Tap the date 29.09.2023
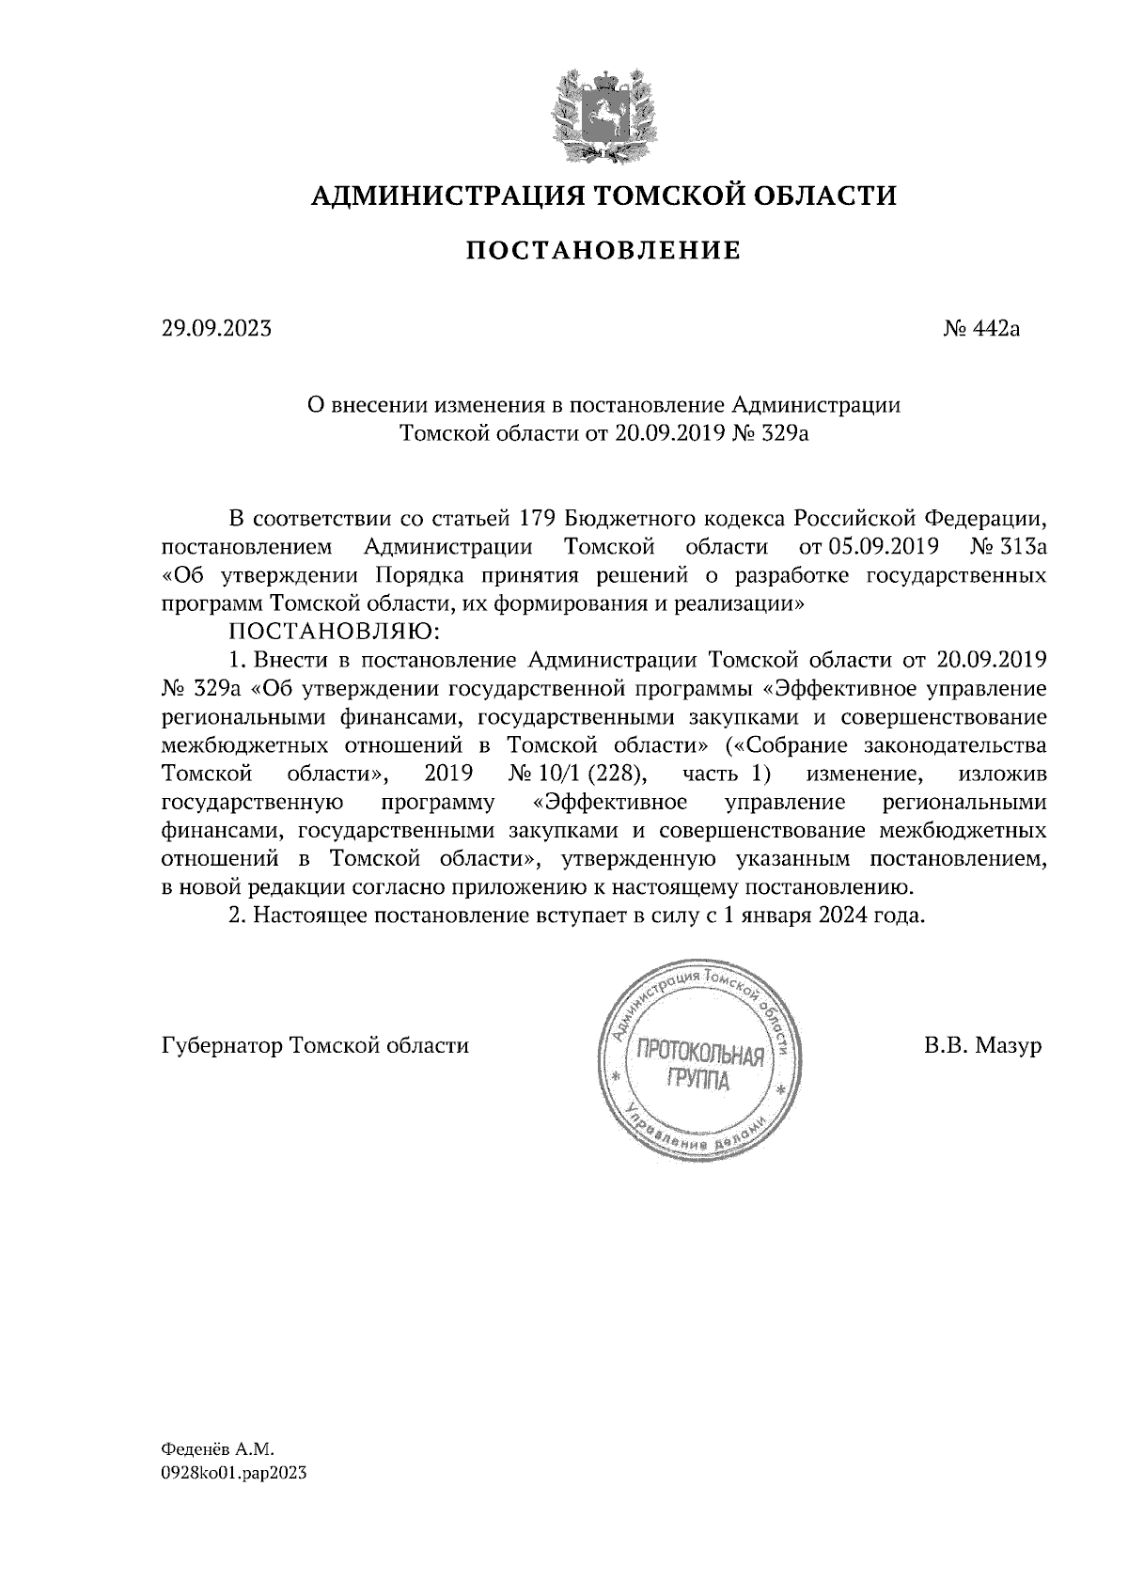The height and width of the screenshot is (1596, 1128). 216,329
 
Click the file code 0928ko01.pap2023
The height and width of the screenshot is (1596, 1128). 234,1475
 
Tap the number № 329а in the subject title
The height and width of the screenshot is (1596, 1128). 769,433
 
